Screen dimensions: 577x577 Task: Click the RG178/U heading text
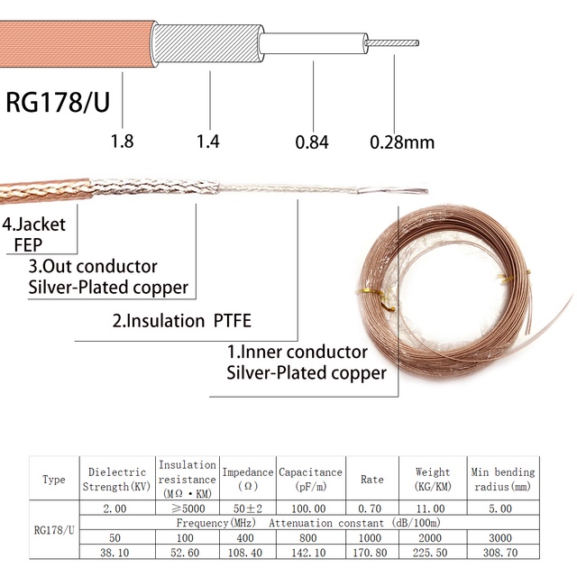coord(58,101)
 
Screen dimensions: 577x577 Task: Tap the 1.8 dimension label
coord(122,142)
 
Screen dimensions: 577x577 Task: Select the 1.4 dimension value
coord(209,142)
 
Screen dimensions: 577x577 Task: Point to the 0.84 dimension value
coord(312,142)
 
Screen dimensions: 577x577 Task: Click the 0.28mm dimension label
coord(402,142)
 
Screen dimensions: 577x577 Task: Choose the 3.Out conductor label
coord(92,267)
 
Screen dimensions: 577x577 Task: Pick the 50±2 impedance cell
coord(247,508)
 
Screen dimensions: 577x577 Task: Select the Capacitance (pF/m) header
coord(311,478)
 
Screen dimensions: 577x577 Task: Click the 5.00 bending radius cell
coord(502,508)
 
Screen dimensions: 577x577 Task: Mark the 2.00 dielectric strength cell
coord(116,508)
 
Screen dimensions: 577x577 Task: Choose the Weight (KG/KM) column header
coord(433,478)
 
